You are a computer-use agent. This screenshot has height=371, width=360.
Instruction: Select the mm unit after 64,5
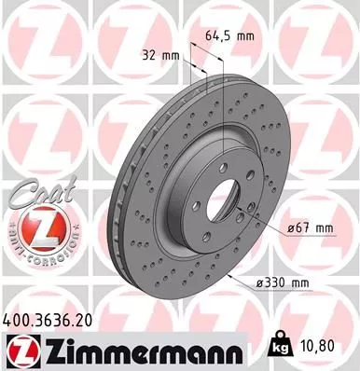246,37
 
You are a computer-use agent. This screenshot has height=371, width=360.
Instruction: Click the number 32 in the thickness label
150,54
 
